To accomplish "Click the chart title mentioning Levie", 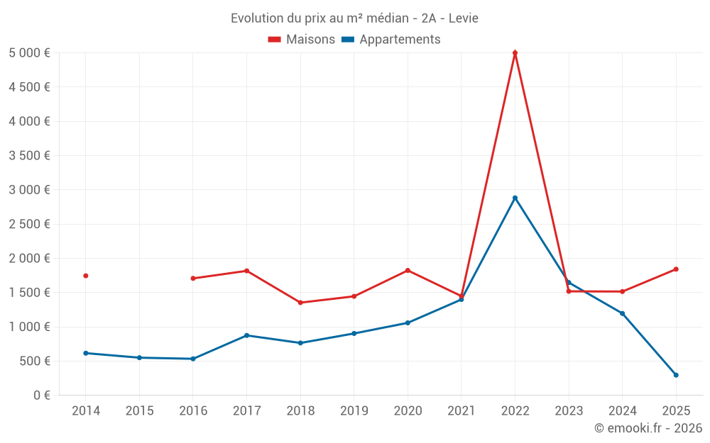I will click(x=354, y=18).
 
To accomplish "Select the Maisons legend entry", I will click(x=302, y=40).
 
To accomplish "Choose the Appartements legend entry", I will click(x=391, y=40).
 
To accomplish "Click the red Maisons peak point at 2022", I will click(x=515, y=53).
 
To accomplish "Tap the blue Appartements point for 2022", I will click(x=515, y=198).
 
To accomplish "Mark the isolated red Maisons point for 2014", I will click(x=86, y=276).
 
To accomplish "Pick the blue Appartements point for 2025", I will click(x=676, y=375).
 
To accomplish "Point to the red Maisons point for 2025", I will click(x=676, y=269).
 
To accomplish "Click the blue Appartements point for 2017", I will click(x=246, y=335).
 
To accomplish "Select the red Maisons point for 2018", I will click(x=300, y=303).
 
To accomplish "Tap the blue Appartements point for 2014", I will click(x=86, y=353).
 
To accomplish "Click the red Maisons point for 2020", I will click(x=408, y=271).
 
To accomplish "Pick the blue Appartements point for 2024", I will click(x=622, y=313).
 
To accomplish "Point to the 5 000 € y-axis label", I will click(x=29, y=53).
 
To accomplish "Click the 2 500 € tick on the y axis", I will click(x=29, y=224).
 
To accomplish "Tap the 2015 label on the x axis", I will click(x=139, y=411).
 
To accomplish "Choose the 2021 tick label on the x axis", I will click(x=461, y=411).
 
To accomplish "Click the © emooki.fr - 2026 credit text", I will click(x=648, y=428).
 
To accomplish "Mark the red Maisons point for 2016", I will click(x=193, y=279).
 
